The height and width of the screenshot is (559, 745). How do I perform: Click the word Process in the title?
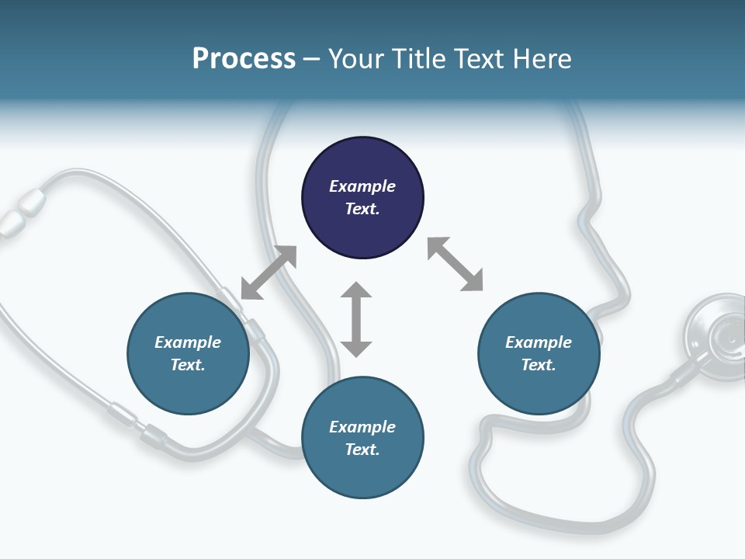click(x=244, y=59)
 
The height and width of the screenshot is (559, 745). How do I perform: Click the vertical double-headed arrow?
click(x=356, y=319)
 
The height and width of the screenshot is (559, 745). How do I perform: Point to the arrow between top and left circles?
click(x=269, y=273)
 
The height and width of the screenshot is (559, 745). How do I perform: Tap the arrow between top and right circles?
click(x=456, y=264)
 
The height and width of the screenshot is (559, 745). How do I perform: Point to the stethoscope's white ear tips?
click(x=21, y=212)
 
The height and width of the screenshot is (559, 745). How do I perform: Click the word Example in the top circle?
click(x=362, y=186)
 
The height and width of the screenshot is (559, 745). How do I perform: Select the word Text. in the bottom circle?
click(x=362, y=450)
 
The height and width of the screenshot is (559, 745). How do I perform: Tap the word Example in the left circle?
click(x=188, y=342)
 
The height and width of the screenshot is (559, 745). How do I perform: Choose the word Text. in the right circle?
click(x=539, y=365)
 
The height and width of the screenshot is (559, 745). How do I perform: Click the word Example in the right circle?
click(x=539, y=342)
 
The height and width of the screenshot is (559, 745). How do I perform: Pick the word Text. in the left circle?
click(x=188, y=365)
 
